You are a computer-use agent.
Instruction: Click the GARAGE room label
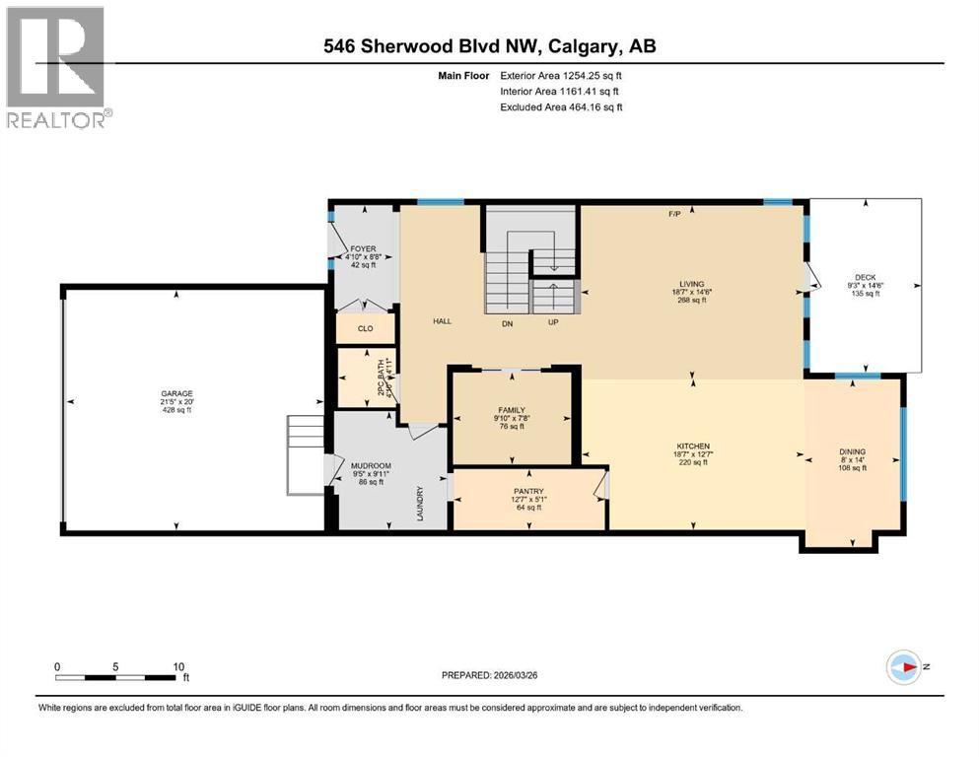tap(178, 392)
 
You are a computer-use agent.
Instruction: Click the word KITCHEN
tap(692, 446)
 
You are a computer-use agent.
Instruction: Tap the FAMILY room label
tap(511, 409)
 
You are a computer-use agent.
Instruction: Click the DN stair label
tap(506, 322)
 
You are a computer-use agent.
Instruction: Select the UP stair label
tap(554, 322)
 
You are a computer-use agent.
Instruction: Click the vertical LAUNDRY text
tap(420, 503)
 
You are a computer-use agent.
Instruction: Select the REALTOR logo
tap(56, 67)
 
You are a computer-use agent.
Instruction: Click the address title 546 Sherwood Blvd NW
tap(489, 46)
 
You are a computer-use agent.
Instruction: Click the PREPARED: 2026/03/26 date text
tap(490, 675)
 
